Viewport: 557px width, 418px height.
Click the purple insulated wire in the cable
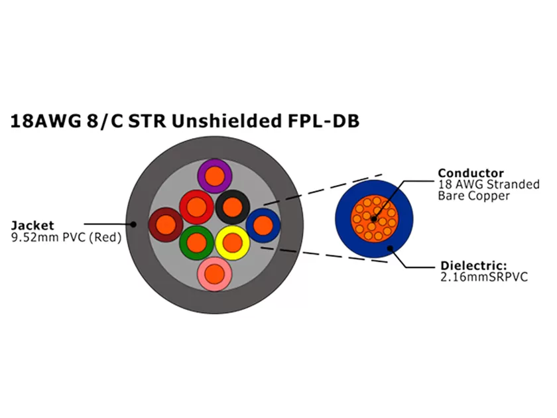pos(214,176)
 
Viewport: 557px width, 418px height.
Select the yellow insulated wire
pos(232,243)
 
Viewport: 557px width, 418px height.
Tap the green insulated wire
pos(196,243)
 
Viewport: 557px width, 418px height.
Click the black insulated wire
pos(232,207)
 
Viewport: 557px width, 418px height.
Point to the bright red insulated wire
pos(196,208)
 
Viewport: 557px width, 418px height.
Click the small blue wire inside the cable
pos(263,225)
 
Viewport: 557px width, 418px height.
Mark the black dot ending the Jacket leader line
pos(133,225)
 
